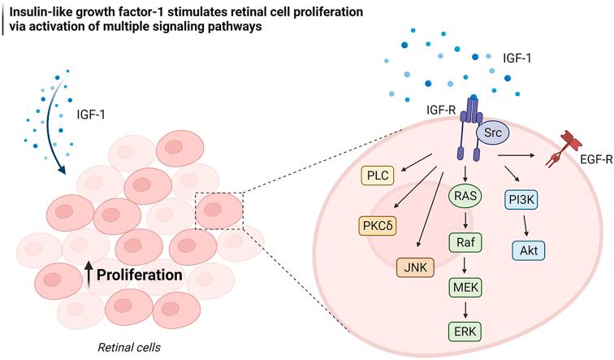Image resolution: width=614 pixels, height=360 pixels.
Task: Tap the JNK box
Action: [x=413, y=264]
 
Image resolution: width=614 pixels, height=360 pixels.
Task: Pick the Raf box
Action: [x=466, y=241]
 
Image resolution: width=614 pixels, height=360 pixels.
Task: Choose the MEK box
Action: [x=466, y=286]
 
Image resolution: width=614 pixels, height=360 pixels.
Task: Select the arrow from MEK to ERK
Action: [x=466, y=309]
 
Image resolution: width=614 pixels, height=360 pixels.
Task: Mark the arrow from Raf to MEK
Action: [x=466, y=263]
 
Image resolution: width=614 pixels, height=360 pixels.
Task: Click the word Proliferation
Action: [x=140, y=275]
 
